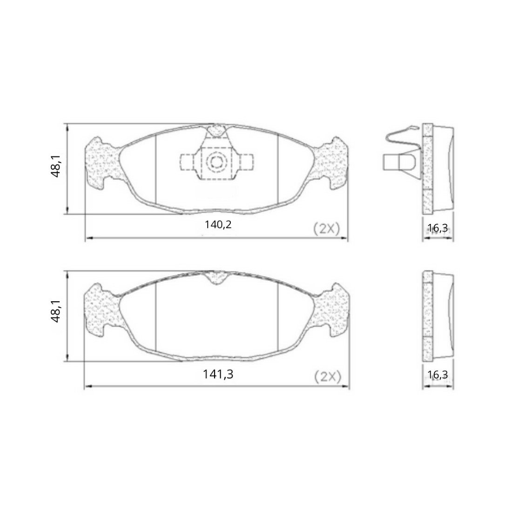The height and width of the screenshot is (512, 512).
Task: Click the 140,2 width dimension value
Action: point(218,225)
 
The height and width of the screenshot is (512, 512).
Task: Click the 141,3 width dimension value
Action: point(218,374)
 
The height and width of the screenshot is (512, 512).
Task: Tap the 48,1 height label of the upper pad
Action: point(56,166)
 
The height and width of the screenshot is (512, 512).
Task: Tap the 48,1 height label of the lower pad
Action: point(56,311)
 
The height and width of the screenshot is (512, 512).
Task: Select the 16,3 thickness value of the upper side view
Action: point(438,228)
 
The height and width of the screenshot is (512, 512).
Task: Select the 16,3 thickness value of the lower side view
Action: point(438,374)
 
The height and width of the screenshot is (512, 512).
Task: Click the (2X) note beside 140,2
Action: point(327,229)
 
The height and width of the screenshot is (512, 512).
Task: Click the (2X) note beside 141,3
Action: point(328,377)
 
